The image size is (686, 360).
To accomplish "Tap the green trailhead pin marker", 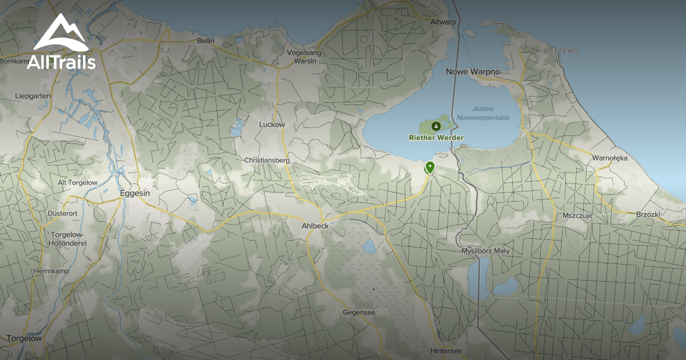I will coord(429,167).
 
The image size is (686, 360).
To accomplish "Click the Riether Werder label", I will coord(436,138).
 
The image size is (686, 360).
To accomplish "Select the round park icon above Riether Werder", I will coord(436,125).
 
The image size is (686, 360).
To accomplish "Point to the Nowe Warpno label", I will coord(473,72).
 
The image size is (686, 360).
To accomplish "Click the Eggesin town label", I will coord(135,194).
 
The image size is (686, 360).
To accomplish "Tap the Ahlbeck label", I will coord(315,226).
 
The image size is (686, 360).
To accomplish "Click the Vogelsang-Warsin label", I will coord(305,57).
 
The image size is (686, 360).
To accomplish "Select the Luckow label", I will coord(272,125).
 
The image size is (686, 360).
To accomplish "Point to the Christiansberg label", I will coord(267,161).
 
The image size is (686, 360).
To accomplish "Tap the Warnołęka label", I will coord(610,158).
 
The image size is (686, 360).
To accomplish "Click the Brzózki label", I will coord(648,215).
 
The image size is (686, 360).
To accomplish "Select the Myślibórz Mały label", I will coord(485,251).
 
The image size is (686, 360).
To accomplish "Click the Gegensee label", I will coord(359,313).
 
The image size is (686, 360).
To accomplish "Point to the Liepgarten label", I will coord(33,96).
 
